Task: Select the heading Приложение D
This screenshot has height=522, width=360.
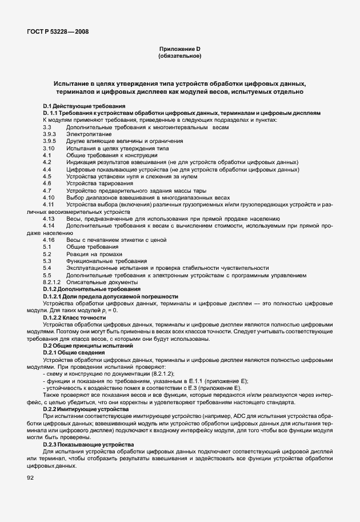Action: click(179, 50)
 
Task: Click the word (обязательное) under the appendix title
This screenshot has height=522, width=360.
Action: click(179, 57)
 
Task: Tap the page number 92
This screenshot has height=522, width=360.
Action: click(30, 477)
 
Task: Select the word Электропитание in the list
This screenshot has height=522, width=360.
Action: click(85, 133)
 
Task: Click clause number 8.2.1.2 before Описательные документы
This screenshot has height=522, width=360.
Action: click(51, 282)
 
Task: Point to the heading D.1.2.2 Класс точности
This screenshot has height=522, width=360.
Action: click(75, 317)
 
